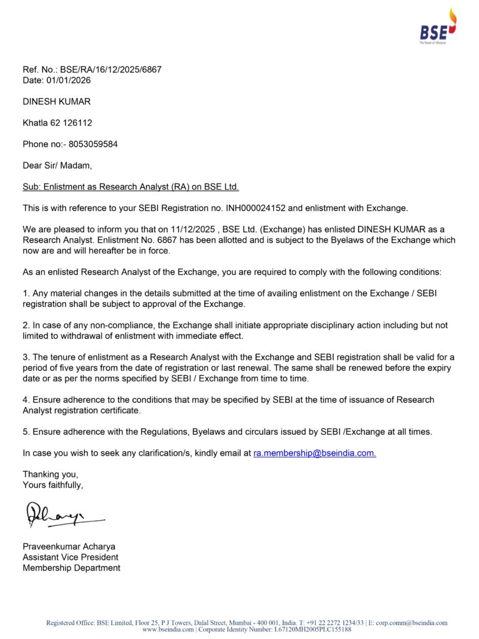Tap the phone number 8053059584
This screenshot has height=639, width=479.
point(93,144)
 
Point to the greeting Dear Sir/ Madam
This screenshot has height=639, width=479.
point(57,165)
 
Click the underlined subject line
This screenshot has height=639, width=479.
point(131,187)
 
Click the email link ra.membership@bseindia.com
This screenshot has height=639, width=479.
point(314,453)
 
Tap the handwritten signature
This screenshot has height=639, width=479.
point(62,515)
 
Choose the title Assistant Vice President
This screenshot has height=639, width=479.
point(70,557)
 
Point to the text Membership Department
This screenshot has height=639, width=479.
point(72,568)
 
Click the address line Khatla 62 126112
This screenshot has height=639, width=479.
point(57,123)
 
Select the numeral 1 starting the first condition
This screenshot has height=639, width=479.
point(25,294)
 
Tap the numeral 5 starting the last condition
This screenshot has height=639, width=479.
point(25,432)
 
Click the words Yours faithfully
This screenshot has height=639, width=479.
point(52,485)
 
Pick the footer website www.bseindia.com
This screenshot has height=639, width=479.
point(168,630)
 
